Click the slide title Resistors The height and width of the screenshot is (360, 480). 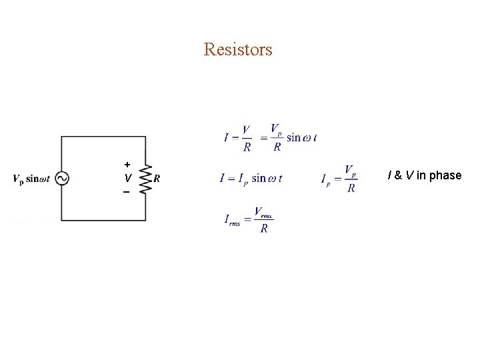pos(238,49)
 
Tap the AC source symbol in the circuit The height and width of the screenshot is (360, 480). pos(62,178)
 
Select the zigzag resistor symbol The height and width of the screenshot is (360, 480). pos(145,178)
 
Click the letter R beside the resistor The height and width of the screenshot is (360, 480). pos(157,178)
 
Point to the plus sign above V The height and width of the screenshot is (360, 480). pos(127,164)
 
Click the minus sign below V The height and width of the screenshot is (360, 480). pos(126,192)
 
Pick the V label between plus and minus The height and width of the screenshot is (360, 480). pos(127,178)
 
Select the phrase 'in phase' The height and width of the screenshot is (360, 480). pos(439,175)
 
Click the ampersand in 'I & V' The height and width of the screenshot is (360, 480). pos(397,175)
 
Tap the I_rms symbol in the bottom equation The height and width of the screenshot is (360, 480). pos(231,221)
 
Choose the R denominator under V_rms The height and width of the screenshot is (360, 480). pos(264,229)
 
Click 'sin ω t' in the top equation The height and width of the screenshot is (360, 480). pos(301,138)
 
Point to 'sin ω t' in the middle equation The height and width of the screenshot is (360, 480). pos(267,178)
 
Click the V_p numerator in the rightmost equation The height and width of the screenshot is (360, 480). pos(350,171)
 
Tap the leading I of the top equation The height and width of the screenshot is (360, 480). pos(227,138)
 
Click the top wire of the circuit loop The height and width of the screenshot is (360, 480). pos(103,137)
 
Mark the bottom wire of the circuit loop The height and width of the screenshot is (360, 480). pos(103,220)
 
